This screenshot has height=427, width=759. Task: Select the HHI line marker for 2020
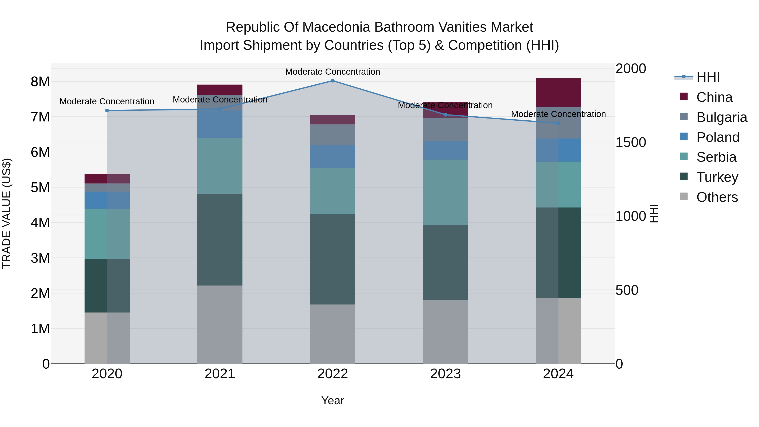coord(107,110)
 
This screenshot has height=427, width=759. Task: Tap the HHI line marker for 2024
coord(558,123)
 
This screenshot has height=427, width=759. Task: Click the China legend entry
coord(714,97)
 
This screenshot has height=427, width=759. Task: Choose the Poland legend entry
coord(717,137)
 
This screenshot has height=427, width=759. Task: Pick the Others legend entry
coord(717,197)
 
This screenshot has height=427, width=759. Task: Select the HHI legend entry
coord(708,77)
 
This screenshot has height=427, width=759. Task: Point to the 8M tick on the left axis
coord(40,82)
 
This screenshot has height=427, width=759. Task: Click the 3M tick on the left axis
coord(40,258)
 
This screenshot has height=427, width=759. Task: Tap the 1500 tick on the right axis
coord(631,142)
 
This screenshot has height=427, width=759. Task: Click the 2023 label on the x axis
coord(445,374)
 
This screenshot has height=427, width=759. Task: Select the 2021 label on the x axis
coord(220,374)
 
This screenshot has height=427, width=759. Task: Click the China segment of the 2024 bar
coord(558,93)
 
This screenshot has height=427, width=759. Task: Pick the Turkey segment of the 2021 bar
coord(220,239)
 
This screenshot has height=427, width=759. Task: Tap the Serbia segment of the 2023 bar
coord(445,193)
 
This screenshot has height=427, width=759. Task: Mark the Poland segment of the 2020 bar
coord(107,200)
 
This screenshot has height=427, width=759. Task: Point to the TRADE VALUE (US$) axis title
coord(7,213)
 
